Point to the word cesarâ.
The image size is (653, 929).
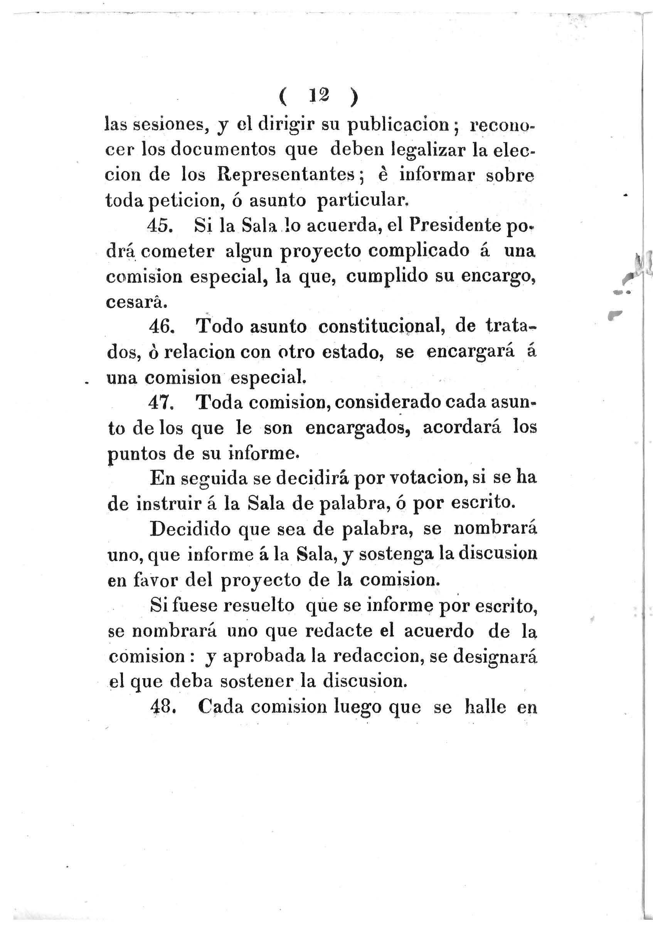[x=130, y=301]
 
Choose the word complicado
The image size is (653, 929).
[x=415, y=251]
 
